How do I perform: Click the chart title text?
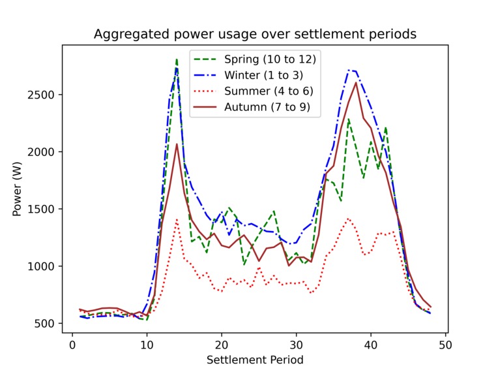point(255,34)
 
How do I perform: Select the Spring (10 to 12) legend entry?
point(271,59)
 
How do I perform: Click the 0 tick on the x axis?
point(72,345)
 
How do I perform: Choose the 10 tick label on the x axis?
point(147,345)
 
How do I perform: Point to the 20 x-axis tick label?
point(222,345)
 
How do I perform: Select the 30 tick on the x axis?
point(297,345)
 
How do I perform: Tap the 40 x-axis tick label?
point(371,345)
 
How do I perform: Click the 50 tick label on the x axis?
point(446,345)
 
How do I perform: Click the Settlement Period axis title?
point(255,359)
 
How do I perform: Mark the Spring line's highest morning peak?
point(177,59)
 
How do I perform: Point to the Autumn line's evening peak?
point(356,83)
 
